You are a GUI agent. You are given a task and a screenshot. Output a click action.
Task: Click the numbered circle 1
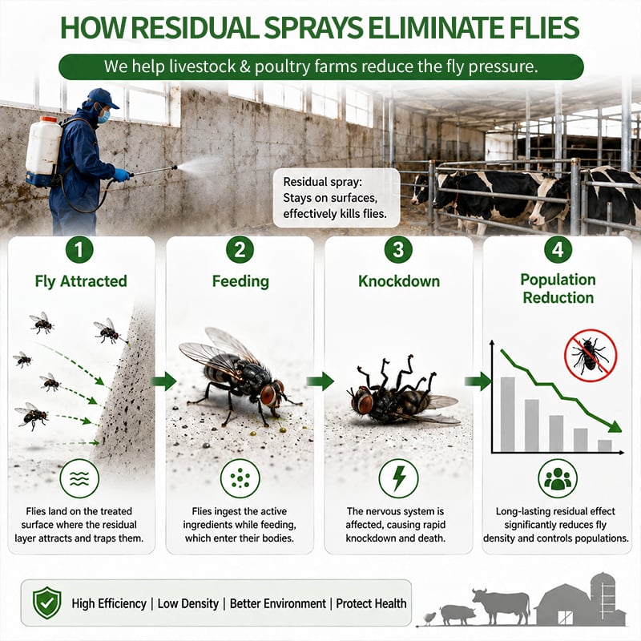(79, 250)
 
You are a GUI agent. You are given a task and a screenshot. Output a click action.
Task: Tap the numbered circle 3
(398, 250)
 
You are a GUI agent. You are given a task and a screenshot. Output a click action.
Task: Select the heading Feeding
(240, 282)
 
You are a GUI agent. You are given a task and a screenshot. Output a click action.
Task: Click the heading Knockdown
(399, 281)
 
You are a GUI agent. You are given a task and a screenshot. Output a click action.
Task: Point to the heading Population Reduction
(558, 288)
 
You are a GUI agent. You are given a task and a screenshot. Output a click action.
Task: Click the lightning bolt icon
(398, 478)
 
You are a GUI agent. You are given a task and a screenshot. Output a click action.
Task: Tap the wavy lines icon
(79, 478)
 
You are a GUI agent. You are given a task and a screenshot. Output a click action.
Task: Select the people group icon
(558, 478)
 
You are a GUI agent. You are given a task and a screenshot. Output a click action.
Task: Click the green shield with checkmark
(47, 603)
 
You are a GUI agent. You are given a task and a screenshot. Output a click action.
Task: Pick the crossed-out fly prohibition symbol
(591, 355)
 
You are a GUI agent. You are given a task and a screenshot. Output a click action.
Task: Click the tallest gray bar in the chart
(508, 414)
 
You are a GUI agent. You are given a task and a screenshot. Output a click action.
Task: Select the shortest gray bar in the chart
(605, 445)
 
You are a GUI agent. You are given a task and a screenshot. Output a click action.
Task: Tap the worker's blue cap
(103, 98)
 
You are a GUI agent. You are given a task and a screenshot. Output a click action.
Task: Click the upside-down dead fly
(403, 393)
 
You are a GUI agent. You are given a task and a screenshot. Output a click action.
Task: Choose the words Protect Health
(371, 603)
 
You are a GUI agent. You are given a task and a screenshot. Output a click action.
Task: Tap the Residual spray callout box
(337, 198)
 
